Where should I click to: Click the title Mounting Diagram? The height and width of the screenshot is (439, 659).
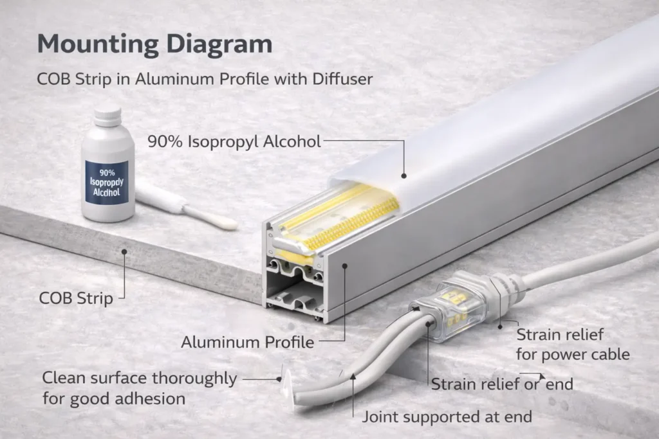tap(154, 45)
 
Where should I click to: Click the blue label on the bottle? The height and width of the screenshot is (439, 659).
tap(106, 182)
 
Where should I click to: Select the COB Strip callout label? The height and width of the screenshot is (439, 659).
tap(76, 298)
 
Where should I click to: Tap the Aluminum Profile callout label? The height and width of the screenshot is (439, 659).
tap(247, 342)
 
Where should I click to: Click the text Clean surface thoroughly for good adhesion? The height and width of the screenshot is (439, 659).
tap(139, 388)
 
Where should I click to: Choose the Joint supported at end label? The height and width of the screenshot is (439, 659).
tap(447, 417)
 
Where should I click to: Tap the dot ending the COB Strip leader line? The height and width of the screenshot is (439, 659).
tap(124, 252)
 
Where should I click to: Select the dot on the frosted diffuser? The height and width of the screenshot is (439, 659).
tap(404, 174)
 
